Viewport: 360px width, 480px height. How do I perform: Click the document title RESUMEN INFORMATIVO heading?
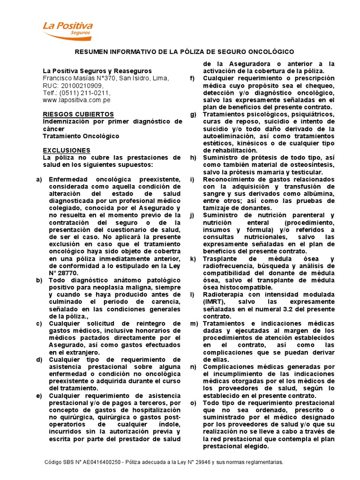[x=185, y=51]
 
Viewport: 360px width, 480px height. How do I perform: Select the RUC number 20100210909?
[x=81, y=86]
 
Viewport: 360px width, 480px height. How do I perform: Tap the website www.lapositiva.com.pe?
[x=76, y=100]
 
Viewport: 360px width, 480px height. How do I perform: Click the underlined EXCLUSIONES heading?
[x=67, y=150]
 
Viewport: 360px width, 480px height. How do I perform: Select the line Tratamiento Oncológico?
[x=81, y=136]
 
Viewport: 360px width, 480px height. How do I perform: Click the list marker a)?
[x=39, y=180]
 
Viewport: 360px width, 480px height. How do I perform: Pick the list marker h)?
[x=193, y=157]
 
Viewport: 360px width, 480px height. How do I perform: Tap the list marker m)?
[x=194, y=323]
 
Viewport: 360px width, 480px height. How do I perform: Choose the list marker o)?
[x=193, y=403]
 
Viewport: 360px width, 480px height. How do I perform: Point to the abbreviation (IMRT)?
[x=213, y=302]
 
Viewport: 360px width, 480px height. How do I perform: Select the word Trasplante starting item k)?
[x=220, y=259]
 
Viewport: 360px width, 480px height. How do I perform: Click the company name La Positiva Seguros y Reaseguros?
[x=94, y=71]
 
